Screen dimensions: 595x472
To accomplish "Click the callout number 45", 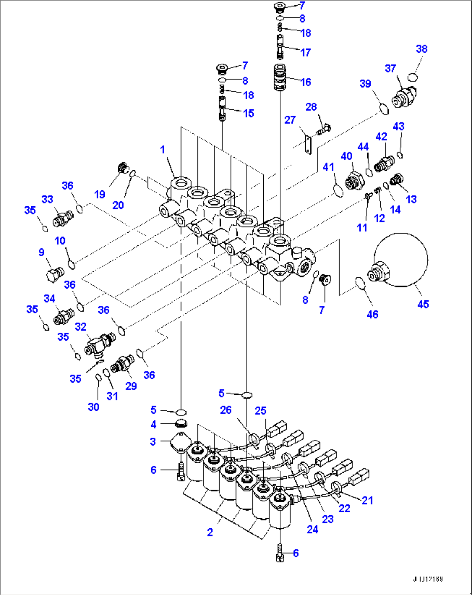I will coord(423,304).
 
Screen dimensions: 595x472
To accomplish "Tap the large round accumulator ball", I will coord(402,260).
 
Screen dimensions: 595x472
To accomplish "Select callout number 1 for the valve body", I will coord(162,150).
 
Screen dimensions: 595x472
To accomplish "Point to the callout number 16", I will coord(306,82).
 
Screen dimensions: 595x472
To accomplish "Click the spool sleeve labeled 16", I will coord(280,77).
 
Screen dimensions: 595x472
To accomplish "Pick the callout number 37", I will coord(390,68).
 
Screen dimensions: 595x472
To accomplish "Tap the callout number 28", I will coord(311,107).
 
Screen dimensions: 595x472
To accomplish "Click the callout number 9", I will coord(42,252).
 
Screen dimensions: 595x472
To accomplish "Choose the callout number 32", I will coord(81,327).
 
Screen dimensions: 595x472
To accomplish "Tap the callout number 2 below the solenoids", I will coord(210,532).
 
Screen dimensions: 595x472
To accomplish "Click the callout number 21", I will coord(367,500).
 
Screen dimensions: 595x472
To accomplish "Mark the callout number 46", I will coord(372,314).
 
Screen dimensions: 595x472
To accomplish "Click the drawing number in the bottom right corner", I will coord(427,579).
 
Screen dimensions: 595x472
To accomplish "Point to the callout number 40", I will coord(346,156).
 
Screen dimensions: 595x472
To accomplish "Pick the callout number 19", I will coord(100,194).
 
